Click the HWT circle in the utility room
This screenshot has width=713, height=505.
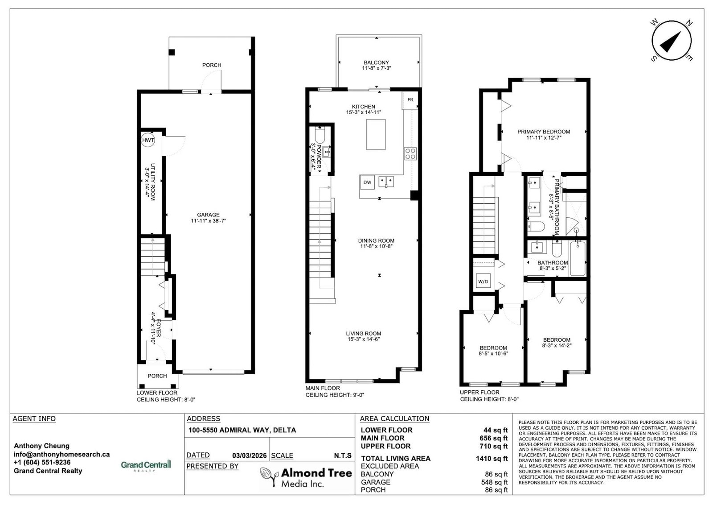pos(148,140)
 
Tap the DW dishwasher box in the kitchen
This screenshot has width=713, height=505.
pos(367,182)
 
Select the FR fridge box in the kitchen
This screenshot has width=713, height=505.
pos(410,100)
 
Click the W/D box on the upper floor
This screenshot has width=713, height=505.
pos(483,281)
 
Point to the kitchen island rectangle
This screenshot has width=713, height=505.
pos(376,134)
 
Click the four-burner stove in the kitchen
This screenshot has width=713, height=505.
pos(410,153)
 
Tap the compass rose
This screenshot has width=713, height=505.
pos(671,41)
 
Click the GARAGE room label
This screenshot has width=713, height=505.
pos(208,215)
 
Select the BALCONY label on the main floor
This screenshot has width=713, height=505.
pos(376,62)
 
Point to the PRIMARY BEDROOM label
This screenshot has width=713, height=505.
pos(544,132)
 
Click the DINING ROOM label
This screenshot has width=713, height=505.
pos(376,240)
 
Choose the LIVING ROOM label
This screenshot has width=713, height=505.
pos(364,334)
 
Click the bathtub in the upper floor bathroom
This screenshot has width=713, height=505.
pos(578,258)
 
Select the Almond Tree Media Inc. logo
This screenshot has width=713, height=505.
pos(306,477)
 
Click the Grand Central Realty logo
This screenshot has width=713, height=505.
pos(146,465)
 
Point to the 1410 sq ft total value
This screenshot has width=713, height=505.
pos(492,459)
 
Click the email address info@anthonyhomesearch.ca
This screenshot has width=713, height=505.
pos(61,454)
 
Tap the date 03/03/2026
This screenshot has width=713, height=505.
pos(249,455)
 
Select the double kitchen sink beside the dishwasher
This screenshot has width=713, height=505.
pos(386,182)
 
